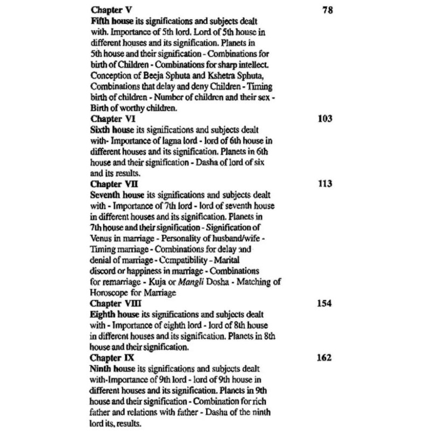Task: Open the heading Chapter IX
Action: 111,358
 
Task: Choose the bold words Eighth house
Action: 114,314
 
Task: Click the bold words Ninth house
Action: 113,369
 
